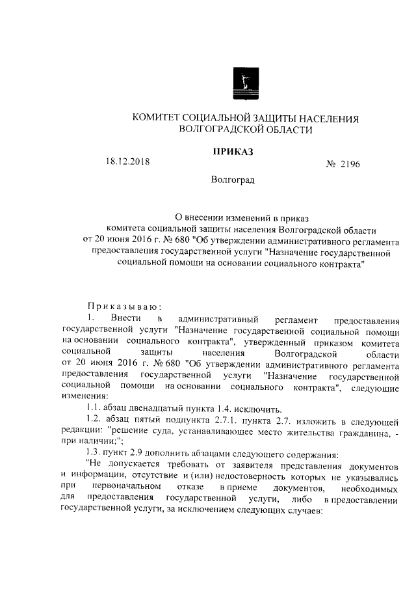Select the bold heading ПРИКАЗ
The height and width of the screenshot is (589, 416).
[232, 152]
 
